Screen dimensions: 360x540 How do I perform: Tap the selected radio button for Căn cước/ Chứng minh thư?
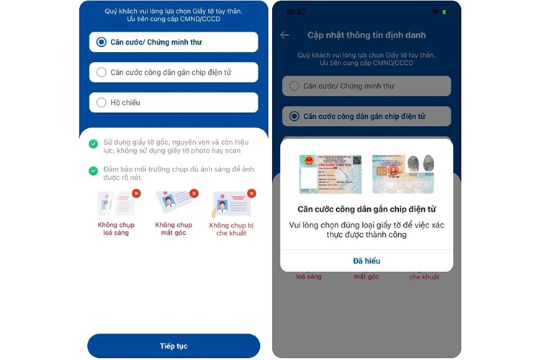tap(102, 42)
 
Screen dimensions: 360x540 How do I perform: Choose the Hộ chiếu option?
tap(102, 102)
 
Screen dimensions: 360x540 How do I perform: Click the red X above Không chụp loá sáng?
tap(136, 193)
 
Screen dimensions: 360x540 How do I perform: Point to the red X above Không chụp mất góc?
tap(194, 193)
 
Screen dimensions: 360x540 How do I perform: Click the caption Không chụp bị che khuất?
tap(230, 229)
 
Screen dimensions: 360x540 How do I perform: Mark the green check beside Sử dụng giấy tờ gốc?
tap(94, 144)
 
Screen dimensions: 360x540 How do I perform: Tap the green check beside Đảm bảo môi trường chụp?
tap(94, 171)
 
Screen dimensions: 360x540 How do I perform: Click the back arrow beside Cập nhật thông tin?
tap(285, 35)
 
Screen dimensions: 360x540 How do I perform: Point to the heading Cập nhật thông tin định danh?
tap(366, 35)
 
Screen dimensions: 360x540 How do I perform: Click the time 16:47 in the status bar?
tap(295, 12)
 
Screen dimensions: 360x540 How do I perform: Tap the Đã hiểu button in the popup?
tap(366, 261)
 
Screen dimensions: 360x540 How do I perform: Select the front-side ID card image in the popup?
tap(330, 174)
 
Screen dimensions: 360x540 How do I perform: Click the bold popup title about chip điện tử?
tap(366, 210)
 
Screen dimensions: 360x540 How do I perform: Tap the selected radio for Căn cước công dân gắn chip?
tap(294, 116)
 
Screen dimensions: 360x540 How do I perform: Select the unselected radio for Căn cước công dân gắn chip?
tap(102, 73)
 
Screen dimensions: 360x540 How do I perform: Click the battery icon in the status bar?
tap(444, 12)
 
